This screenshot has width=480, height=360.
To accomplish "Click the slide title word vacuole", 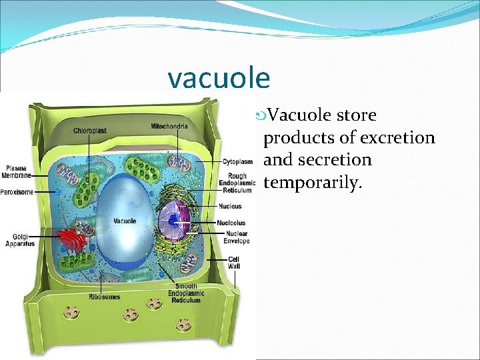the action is (219, 78).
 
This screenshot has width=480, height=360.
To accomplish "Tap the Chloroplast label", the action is (90, 131).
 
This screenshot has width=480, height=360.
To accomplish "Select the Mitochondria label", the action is (169, 127).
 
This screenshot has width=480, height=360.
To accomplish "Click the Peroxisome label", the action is (19, 191).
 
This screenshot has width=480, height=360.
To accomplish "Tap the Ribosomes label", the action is (105, 296).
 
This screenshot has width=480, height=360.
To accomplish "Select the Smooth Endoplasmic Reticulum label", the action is (184, 293).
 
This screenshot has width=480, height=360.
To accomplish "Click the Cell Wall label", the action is (234, 262).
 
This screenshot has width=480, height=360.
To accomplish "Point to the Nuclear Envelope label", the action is (237, 237).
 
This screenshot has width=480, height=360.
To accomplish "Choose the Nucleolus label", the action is (231, 223).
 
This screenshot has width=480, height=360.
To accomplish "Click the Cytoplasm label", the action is (238, 161).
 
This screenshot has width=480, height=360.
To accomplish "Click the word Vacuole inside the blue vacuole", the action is (125, 221).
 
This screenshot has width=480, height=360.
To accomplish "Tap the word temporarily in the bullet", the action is (313, 182).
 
